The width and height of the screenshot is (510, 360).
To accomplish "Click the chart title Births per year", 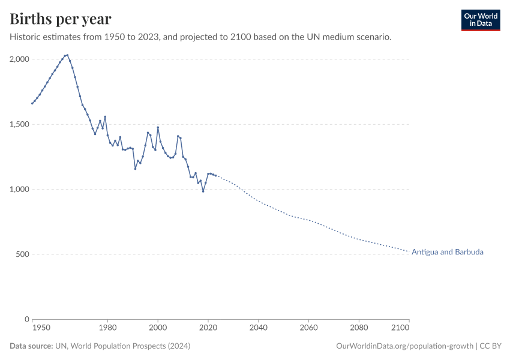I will (60, 19).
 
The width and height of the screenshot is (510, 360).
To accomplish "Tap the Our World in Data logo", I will (481, 20).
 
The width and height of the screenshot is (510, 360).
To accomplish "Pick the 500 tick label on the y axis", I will (22, 254).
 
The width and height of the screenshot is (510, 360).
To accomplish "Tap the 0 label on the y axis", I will (27, 319).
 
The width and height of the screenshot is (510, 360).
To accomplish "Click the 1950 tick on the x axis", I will (41, 328).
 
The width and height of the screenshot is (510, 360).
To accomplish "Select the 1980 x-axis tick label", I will (107, 328).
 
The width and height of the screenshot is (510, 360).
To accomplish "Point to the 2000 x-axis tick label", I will (158, 328).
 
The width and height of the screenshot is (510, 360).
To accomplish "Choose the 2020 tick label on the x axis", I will (208, 328).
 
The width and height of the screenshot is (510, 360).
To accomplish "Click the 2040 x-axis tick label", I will (258, 328).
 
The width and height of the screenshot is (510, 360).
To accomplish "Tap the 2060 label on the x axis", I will (308, 328).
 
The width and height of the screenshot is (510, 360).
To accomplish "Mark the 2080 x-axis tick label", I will (359, 328).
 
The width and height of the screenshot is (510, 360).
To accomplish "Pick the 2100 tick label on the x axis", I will (400, 328).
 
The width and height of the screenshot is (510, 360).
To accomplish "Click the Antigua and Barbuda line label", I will (447, 252).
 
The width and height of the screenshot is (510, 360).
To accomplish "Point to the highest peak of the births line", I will (67, 55).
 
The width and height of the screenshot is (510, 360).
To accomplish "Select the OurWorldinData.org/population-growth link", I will (405, 346).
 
